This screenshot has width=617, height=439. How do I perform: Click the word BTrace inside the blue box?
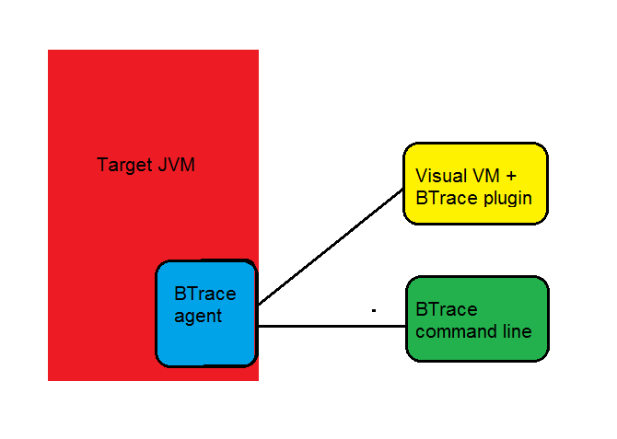coord(204,295)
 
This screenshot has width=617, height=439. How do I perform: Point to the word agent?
coord(197,316)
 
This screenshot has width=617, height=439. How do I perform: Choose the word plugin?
coord(506,197)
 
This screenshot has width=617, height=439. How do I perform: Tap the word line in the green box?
coord(517,331)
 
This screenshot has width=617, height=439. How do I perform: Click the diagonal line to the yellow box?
coord(332,247)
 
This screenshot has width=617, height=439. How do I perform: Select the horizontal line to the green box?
coord(332,326)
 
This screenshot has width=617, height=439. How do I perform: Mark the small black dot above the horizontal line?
coord(374,311)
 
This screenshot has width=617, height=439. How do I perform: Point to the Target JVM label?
coord(146,166)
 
